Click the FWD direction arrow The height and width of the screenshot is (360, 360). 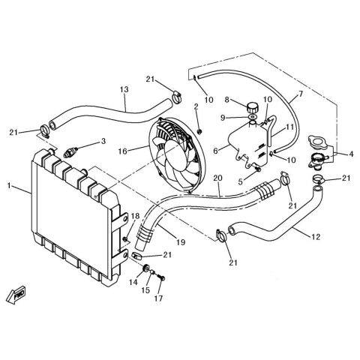(16, 295)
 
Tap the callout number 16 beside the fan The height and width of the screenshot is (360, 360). (123, 151)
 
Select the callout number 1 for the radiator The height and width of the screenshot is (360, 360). (9, 186)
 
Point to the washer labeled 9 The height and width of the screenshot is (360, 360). (253, 117)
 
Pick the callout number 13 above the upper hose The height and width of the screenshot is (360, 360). (124, 89)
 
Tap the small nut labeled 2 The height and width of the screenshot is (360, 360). (199, 131)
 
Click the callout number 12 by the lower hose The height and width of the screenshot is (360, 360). (316, 236)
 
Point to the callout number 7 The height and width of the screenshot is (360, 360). (301, 94)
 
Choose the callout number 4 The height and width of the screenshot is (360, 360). (351, 154)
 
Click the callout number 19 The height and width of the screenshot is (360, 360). (181, 242)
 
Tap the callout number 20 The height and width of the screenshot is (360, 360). (217, 178)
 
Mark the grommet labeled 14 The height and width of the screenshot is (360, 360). (145, 268)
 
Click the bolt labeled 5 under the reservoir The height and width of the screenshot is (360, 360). (258, 169)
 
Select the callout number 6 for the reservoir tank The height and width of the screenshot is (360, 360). (216, 151)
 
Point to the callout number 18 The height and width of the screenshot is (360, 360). (135, 216)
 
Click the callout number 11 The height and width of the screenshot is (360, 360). (290, 127)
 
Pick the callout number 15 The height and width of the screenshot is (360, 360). (145, 290)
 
